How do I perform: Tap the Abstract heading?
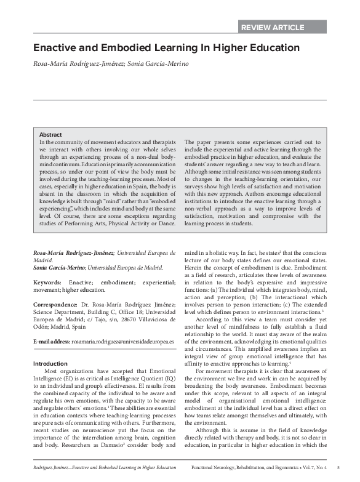pyautogui.click(x=50, y=134)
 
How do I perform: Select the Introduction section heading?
pyautogui.click(x=50, y=364)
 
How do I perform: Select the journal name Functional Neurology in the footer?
pyautogui.click(x=216, y=468)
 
